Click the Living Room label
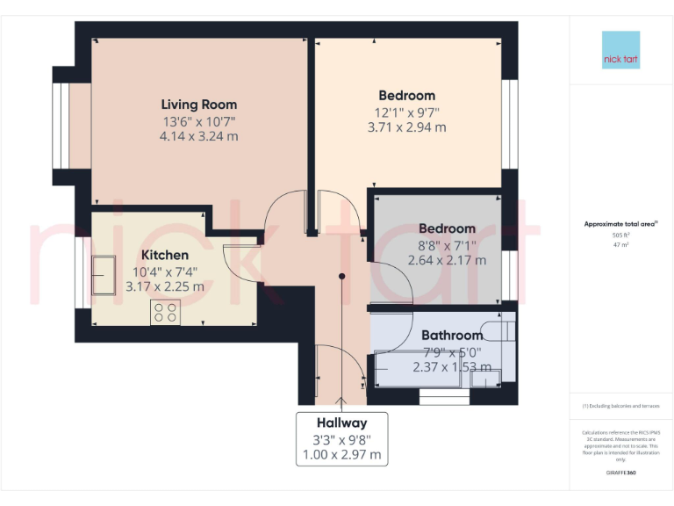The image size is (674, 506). (198, 105)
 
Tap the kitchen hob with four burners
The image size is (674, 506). (165, 312)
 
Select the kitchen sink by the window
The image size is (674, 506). (104, 276)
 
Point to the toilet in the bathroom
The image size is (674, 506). (499, 333)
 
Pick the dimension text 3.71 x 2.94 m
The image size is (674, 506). (406, 127)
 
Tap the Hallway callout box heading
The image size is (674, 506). (341, 423)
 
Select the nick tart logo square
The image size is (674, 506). (620, 50)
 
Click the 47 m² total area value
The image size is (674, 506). (621, 246)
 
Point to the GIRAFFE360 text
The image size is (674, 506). (620, 473)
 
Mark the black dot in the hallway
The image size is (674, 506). (342, 277)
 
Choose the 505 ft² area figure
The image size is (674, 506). (621, 235)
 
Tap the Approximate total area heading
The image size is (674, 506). (620, 224)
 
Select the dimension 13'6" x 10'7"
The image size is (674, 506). (198, 121)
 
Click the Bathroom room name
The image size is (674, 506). (452, 336)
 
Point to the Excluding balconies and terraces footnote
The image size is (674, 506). (620, 406)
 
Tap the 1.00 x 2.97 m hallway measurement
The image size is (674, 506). (341, 454)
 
